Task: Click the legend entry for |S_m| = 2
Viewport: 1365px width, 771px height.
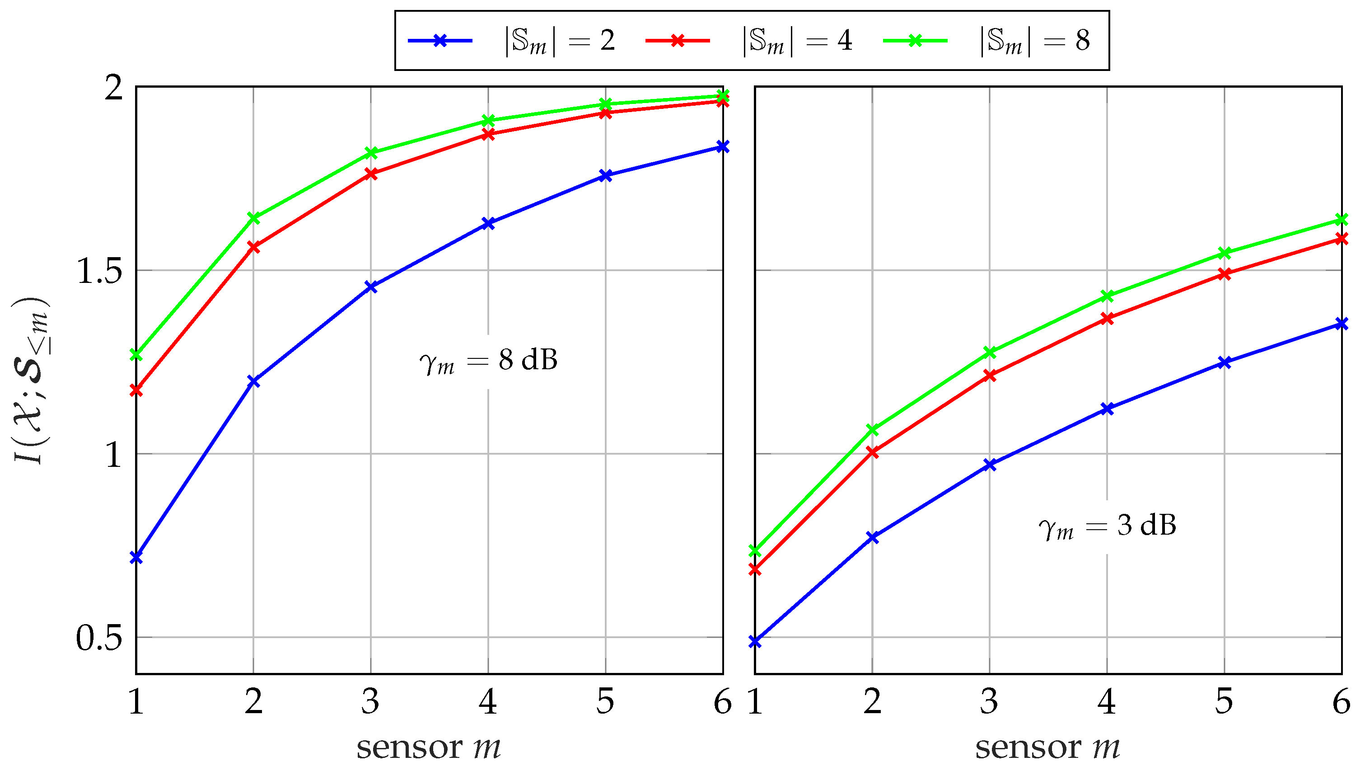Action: point(560,40)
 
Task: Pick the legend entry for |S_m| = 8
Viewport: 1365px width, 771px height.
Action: point(1034,40)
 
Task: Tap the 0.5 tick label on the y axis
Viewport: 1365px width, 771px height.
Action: point(99,638)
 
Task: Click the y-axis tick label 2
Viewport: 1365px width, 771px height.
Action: point(113,88)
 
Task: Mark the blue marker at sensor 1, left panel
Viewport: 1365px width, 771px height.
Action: point(136,557)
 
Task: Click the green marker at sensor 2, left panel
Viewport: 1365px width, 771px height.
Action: point(254,218)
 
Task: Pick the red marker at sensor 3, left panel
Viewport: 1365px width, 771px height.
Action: point(371,174)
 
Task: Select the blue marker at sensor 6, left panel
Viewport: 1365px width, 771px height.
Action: point(723,146)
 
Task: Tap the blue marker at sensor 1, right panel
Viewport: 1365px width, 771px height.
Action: point(755,642)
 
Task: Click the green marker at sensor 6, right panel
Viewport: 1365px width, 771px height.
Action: point(1342,220)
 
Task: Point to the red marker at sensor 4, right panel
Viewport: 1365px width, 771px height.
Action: point(1107,319)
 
